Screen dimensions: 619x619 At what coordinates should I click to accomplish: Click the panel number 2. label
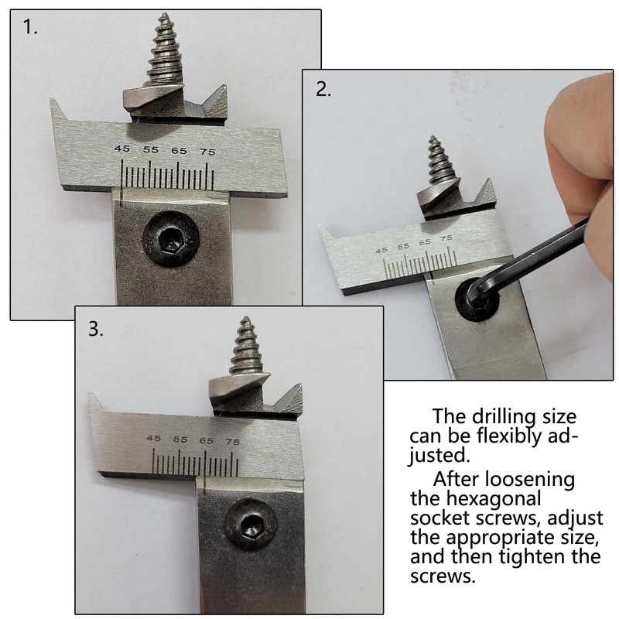coord(323,89)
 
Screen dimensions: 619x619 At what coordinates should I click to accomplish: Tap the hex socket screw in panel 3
coord(251,530)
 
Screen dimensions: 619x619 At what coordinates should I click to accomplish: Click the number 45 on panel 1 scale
coord(121,149)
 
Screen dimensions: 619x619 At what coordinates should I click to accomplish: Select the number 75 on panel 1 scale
coord(207,151)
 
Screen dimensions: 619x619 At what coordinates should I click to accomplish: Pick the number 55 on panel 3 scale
coord(180,439)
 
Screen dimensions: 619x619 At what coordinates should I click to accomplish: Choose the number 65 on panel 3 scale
coord(206,439)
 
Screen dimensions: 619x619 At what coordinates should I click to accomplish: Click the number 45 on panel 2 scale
coord(381,251)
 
